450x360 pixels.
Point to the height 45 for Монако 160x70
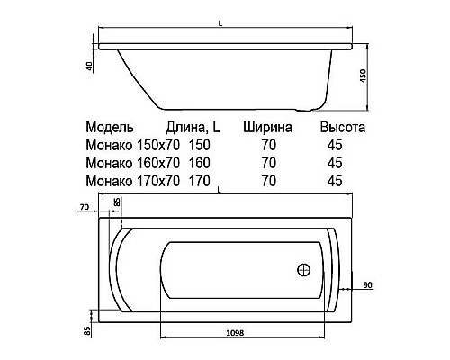[x=335, y=163]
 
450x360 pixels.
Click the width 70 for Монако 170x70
[x=267, y=181]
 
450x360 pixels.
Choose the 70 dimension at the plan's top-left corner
[x=84, y=207]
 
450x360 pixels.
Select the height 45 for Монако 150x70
[x=335, y=145]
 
